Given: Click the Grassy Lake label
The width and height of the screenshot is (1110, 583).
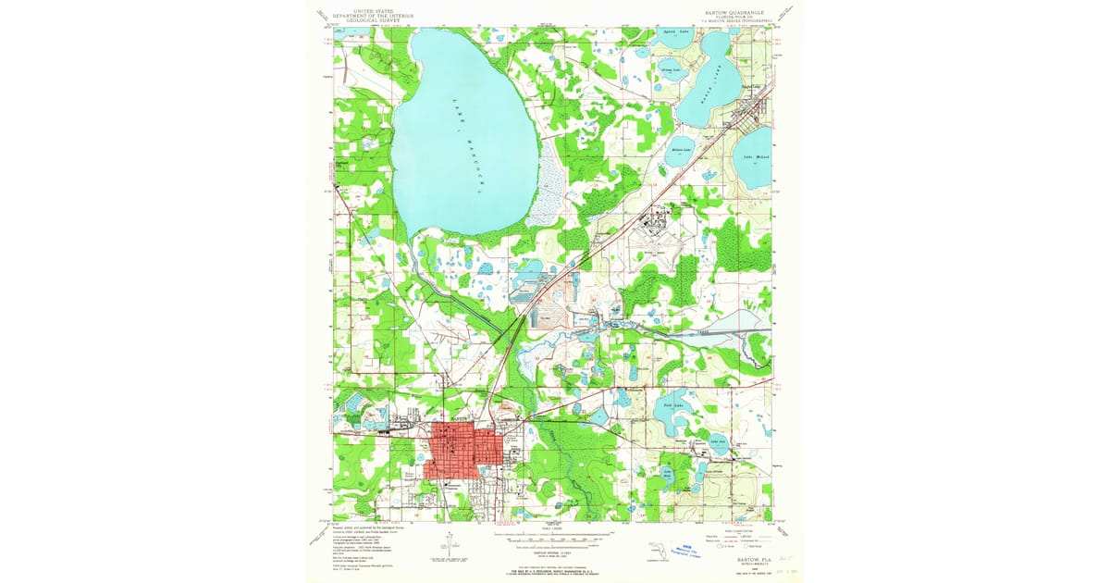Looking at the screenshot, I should (669, 68).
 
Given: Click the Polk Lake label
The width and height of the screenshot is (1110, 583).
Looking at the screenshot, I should (673, 404).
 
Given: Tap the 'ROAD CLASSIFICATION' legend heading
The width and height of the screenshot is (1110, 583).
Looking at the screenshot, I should (731, 527).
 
